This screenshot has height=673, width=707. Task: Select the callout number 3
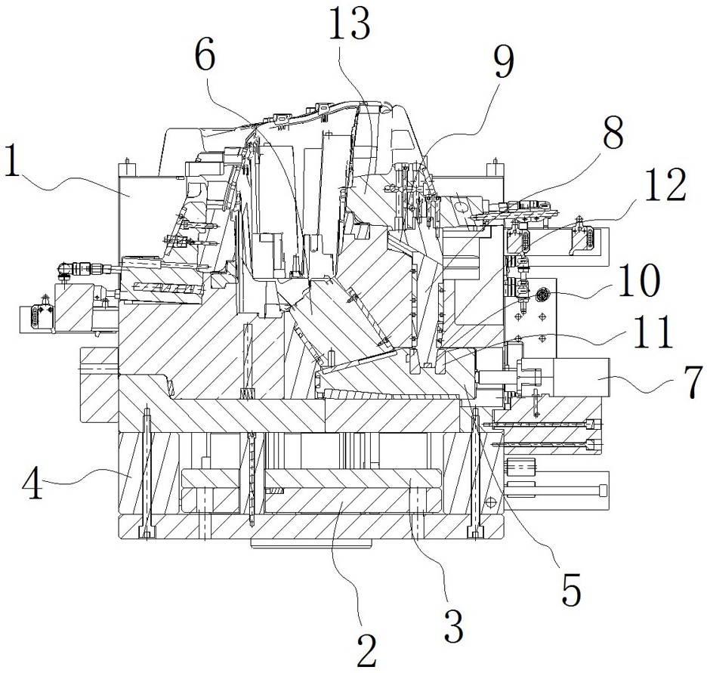[x=454, y=625]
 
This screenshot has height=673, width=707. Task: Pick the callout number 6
[x=205, y=57]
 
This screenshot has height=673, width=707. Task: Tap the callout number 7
[x=693, y=381]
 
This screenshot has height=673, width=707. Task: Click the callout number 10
[x=638, y=280]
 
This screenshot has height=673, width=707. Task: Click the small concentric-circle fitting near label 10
[x=541, y=295]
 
